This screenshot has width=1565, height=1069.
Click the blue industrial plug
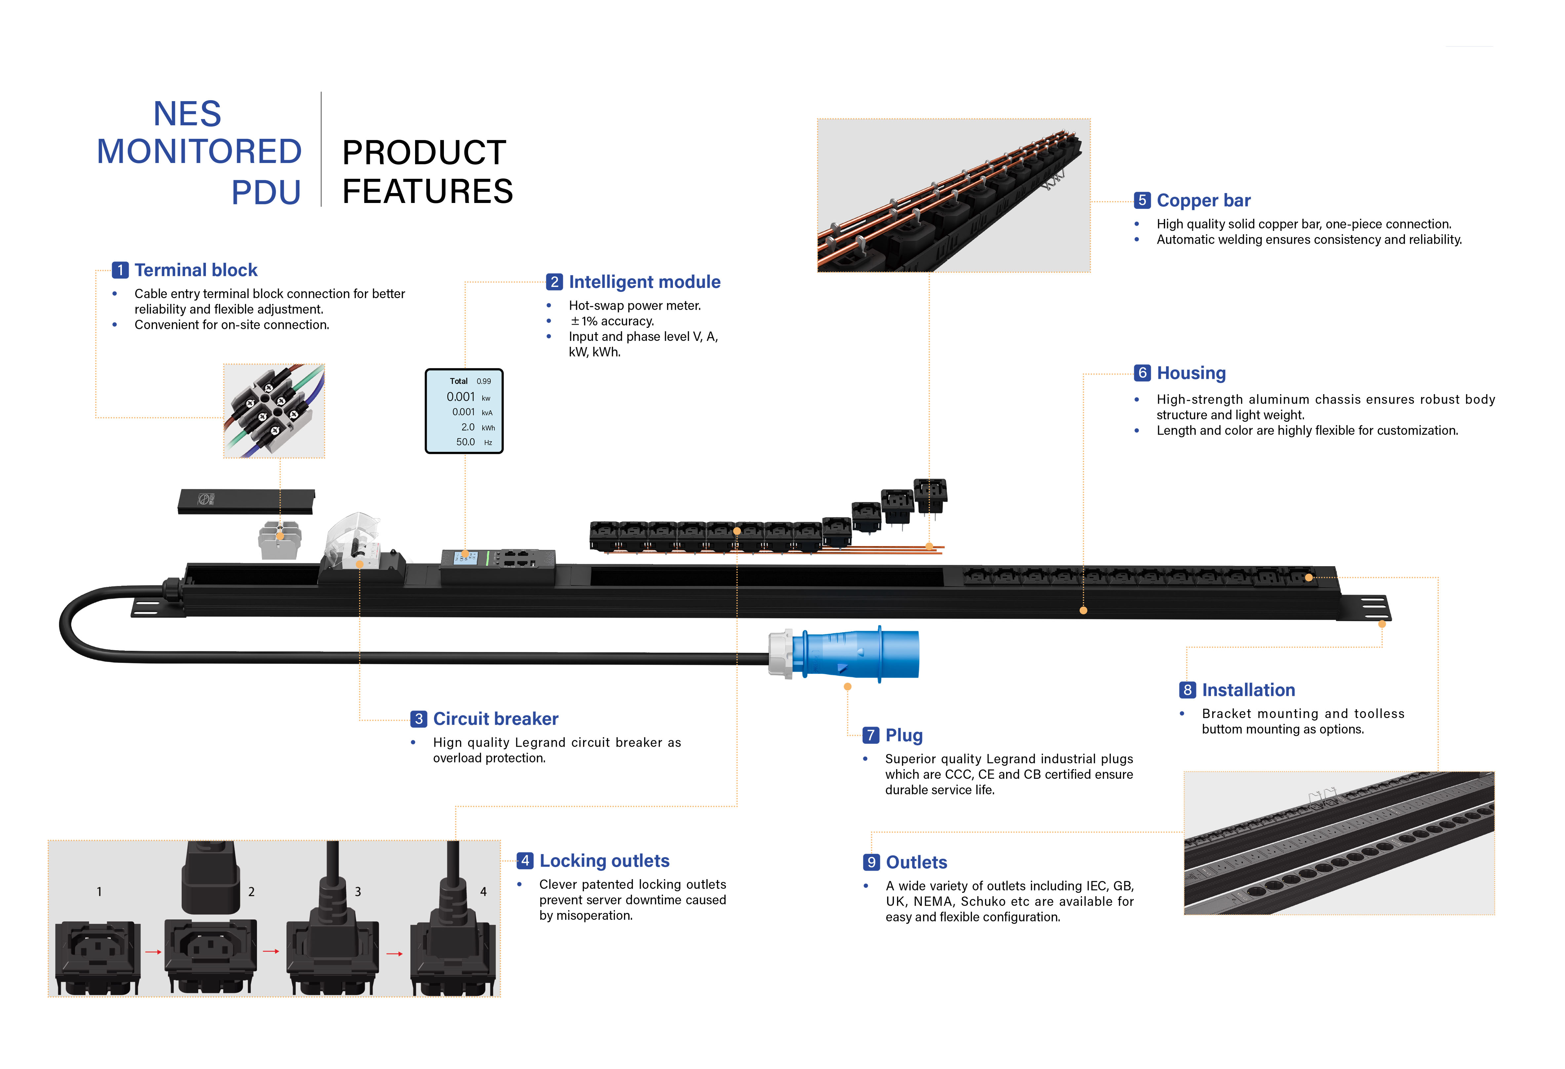[855, 653]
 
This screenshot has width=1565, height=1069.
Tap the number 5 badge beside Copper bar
[1141, 200]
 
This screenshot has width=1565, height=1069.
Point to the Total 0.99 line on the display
[470, 381]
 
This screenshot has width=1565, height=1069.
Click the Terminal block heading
[195, 270]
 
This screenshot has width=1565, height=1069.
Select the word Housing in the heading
[1191, 373]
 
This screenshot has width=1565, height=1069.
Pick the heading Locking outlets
[604, 861]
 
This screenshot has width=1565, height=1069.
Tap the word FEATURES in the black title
[428, 191]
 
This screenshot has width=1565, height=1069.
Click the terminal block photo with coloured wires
[274, 411]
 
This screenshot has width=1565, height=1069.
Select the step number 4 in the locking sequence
[483, 891]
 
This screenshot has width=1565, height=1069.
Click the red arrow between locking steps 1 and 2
[154, 952]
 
